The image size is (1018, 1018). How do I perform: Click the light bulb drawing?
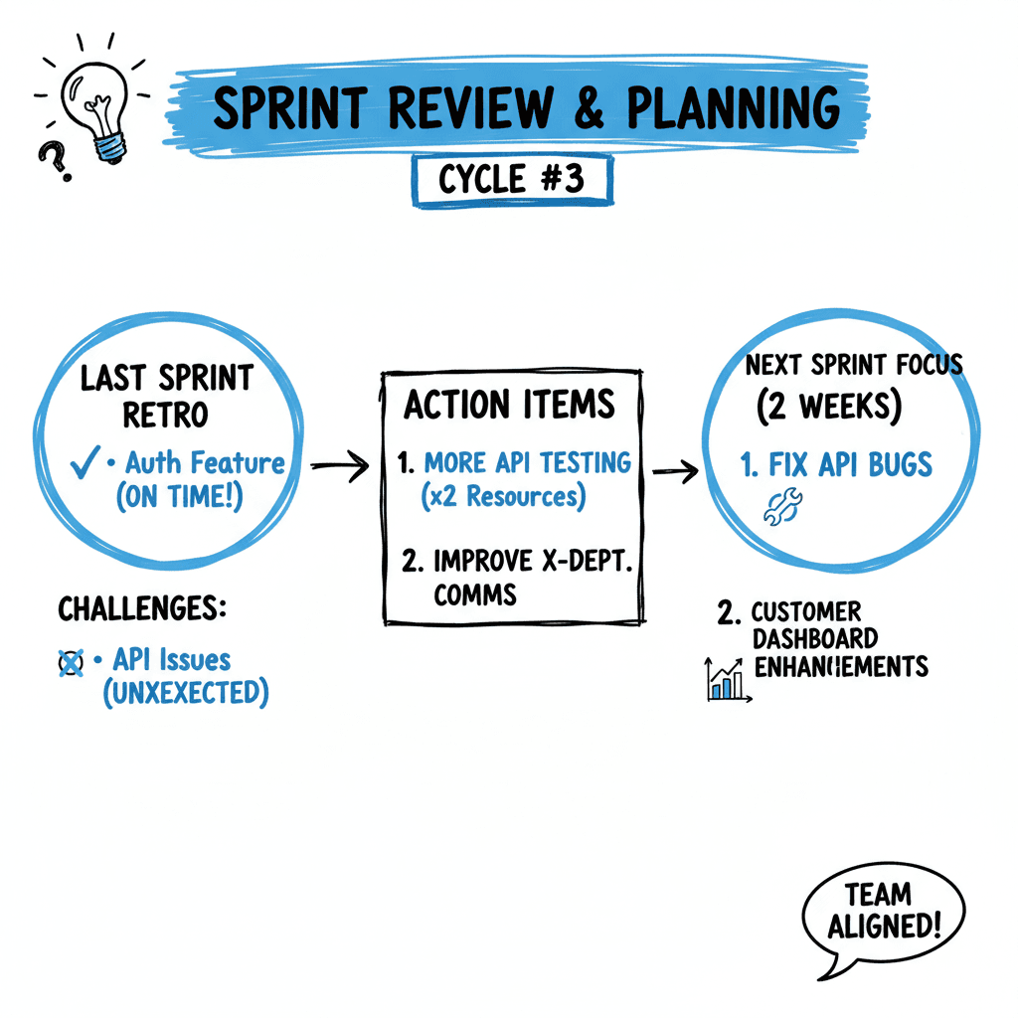coord(94,109)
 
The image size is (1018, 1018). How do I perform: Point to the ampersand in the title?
coord(590,108)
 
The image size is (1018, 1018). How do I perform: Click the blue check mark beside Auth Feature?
coord(84,463)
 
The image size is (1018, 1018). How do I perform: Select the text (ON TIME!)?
coord(179,498)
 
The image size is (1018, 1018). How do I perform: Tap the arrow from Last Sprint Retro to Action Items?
coord(340,467)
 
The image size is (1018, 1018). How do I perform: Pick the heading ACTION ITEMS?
coord(510,405)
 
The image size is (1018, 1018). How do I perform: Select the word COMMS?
coord(475,594)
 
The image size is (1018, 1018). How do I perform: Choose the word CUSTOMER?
coord(806,611)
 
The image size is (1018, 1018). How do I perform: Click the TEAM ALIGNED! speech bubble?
coord(882,912)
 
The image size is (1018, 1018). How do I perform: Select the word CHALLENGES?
coord(142,608)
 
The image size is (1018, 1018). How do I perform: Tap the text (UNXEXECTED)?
coord(186,692)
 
